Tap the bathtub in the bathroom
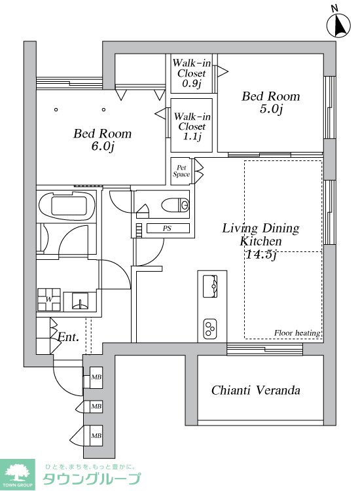(x=67, y=206)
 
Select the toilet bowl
(x=175, y=205)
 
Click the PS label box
(x=168, y=228)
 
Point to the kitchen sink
(x=210, y=286)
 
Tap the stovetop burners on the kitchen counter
(x=210, y=329)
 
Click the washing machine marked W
(x=49, y=299)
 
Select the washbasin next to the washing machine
(x=80, y=301)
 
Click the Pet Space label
(x=181, y=171)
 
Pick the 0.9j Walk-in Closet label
(x=191, y=73)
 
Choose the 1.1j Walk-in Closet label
(x=192, y=126)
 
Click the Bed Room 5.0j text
(x=271, y=101)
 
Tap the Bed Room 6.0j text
(x=102, y=139)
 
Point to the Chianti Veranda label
(x=256, y=390)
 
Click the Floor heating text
(x=297, y=333)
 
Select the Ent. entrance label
(x=68, y=337)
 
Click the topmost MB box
(x=96, y=377)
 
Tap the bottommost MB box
(x=96, y=435)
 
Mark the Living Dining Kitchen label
(x=261, y=241)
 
